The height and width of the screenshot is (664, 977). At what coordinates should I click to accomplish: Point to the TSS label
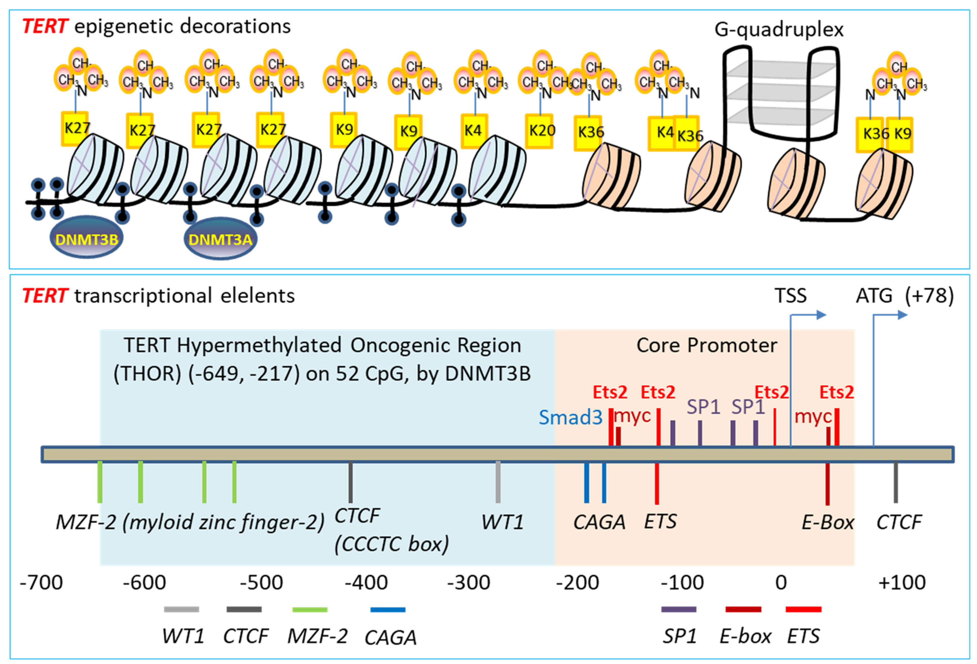(x=790, y=296)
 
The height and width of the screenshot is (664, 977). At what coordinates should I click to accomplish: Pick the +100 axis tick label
(x=902, y=583)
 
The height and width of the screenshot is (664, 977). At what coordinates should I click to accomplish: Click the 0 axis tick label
(x=781, y=583)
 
